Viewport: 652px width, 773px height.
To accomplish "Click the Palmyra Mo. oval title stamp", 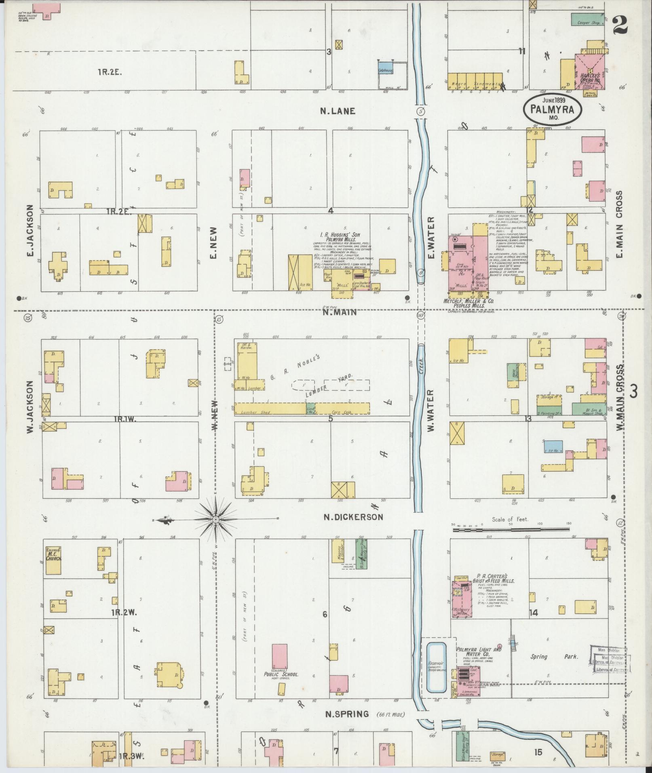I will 553,109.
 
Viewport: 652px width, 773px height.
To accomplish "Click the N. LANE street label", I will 338,111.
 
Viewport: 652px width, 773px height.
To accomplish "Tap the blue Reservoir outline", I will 437,668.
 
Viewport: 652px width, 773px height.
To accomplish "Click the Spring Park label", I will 554,657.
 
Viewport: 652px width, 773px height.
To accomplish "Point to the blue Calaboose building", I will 385,67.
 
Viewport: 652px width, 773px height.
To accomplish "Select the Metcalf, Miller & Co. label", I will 468,301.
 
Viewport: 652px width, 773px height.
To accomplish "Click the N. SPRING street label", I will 347,714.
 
